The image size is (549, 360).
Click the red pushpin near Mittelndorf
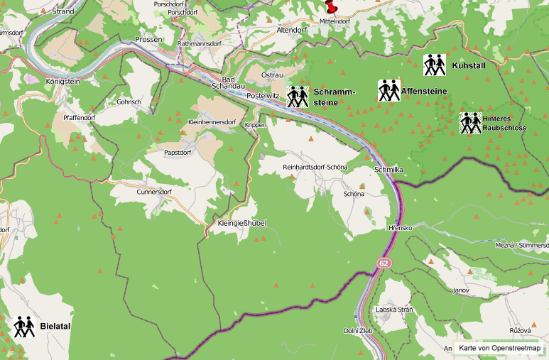pyautogui.click(x=331, y=6)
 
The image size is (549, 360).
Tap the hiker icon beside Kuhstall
pyautogui.click(x=434, y=65)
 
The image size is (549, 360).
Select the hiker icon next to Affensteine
pyautogui.click(x=388, y=90)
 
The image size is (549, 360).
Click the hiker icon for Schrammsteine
pyautogui.click(x=298, y=96)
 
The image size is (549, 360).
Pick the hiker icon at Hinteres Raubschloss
pyautogui.click(x=470, y=123)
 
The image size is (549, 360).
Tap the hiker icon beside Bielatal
pyautogui.click(x=24, y=326)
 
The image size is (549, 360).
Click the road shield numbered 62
pyautogui.click(x=384, y=263)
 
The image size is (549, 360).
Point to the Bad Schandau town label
pyautogui.click(x=229, y=82)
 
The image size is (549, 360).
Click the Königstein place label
pyautogui.click(x=64, y=82)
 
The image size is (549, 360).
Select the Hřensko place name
pyautogui.click(x=401, y=227)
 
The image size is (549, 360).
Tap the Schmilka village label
pyautogui.click(x=388, y=170)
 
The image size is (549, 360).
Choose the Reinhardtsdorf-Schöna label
pyautogui.click(x=315, y=167)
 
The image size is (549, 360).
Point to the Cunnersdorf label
pyautogui.click(x=154, y=192)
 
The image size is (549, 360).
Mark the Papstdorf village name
pyautogui.click(x=178, y=152)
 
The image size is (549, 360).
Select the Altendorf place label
pyautogui.click(x=290, y=31)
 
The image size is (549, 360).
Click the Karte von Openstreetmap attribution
pyautogui.click(x=499, y=348)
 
